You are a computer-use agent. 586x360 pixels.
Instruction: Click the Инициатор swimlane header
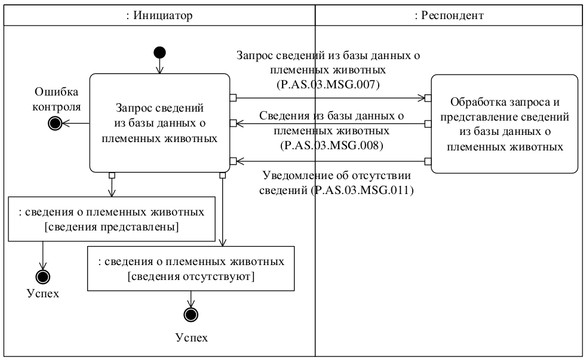point(158,16)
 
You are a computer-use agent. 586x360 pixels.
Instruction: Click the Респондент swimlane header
point(449,16)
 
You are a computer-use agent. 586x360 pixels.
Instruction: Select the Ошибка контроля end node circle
point(56,124)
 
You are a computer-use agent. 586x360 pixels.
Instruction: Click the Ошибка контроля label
point(57,100)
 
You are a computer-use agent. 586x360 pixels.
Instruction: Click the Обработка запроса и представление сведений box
point(504,124)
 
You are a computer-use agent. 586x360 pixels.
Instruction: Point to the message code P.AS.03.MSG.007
point(330,85)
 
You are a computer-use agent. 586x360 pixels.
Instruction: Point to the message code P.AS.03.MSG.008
point(330,145)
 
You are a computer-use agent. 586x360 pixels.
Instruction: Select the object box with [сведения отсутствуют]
point(191,268)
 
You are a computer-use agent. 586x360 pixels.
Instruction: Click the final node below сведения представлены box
point(43,276)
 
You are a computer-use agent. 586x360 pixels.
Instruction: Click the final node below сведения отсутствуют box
point(191,315)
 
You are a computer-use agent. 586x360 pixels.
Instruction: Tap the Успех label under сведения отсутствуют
point(191,337)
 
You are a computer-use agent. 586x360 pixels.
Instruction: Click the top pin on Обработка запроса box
point(428,97)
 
